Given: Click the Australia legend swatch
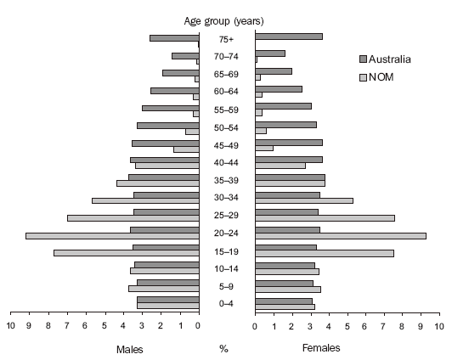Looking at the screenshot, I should click(363, 59).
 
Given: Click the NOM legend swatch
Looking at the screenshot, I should click(363, 76).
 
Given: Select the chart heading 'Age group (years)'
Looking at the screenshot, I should click(226, 20).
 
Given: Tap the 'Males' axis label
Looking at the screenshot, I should click(129, 348).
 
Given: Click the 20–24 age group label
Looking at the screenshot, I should click(226, 234).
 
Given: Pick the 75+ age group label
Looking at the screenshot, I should click(226, 39).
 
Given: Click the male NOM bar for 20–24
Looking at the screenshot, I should click(112, 235).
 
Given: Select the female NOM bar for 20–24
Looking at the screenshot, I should click(340, 235).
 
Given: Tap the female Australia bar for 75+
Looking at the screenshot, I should click(288, 37).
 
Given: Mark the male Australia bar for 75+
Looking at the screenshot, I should click(174, 37).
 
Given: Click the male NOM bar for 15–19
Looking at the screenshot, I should click(126, 253).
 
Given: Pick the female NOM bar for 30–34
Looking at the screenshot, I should click(303, 200).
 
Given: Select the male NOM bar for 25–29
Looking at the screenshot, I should click(133, 218).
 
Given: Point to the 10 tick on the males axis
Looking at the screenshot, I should click(12, 325).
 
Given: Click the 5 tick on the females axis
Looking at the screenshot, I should click(347, 325).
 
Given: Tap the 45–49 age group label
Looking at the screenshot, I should click(226, 145).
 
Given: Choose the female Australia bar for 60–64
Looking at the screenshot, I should click(278, 89).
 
